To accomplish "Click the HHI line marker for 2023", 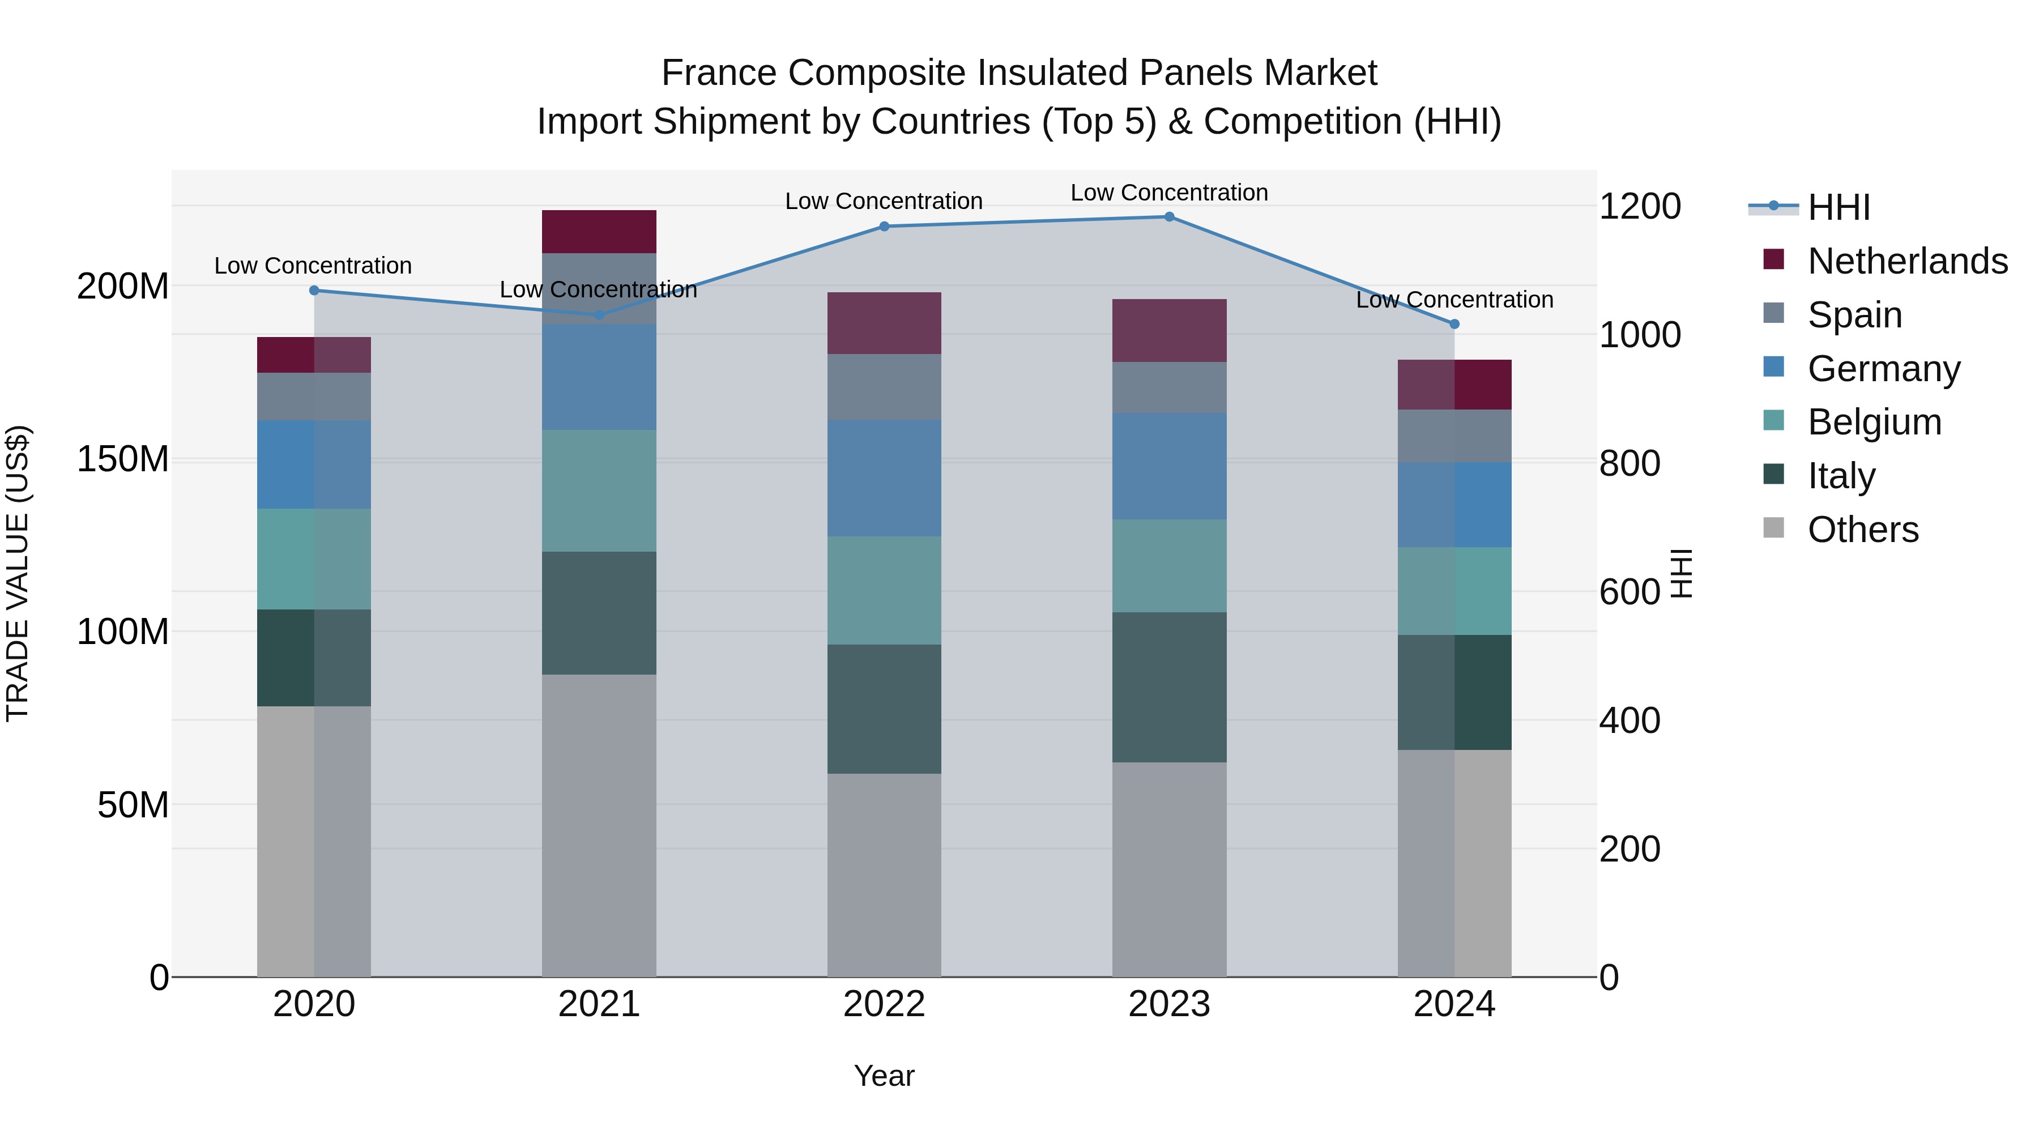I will pos(1169,217).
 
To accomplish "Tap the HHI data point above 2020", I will pos(314,291).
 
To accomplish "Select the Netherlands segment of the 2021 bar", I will pos(599,232).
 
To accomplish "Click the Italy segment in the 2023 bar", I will pos(1169,687).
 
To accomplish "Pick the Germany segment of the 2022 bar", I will pos(884,478).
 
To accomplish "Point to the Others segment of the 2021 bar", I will pos(599,826).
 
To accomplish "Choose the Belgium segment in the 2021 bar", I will pos(599,491).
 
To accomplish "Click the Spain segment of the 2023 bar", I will pos(1169,388).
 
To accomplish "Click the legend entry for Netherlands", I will pos(1908,261).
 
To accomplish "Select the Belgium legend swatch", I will pos(1774,420).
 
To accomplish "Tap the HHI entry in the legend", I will pos(1838,207).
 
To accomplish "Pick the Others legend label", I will pos(1863,530).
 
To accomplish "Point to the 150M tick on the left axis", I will pos(123,459).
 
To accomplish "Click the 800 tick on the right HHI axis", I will pos(1629,464).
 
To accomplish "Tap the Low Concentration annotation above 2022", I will pos(884,201).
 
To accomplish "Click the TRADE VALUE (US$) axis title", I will pos(18,573).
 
